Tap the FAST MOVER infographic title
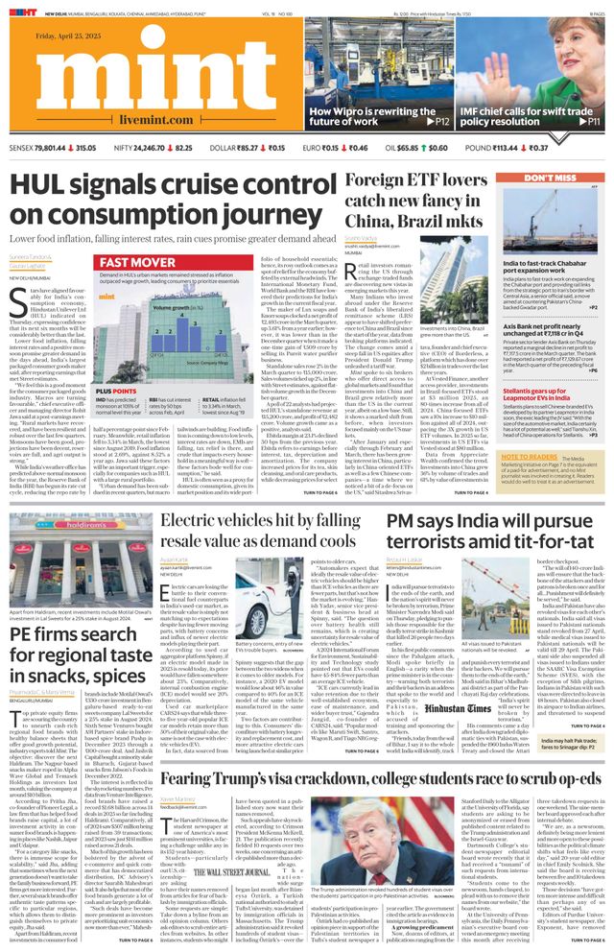click(x=138, y=262)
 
